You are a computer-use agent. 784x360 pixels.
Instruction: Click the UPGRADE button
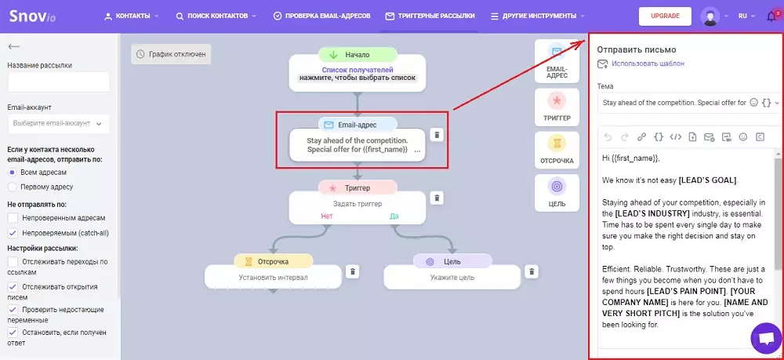(665, 16)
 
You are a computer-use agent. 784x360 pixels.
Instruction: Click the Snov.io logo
(32, 16)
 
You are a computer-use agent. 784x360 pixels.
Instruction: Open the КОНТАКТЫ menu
(132, 16)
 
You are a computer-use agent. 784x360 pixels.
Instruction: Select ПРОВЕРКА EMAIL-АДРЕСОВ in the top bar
(322, 16)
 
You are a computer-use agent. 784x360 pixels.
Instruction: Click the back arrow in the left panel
(13, 46)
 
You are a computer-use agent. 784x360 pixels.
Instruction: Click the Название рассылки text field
(59, 82)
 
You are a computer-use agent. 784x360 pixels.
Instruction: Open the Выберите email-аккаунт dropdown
(59, 123)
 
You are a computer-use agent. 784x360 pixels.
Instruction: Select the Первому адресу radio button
(13, 187)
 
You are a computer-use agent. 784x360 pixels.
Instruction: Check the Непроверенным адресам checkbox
(13, 218)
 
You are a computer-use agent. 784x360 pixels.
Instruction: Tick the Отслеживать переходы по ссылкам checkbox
(13, 262)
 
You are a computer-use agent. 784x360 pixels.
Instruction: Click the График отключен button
(171, 54)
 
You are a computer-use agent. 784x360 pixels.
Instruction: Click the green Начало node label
(358, 55)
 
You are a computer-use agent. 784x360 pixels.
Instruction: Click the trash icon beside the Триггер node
(437, 198)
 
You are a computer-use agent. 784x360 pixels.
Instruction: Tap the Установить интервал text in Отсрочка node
(273, 278)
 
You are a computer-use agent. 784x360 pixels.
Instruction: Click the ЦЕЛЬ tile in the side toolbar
(557, 192)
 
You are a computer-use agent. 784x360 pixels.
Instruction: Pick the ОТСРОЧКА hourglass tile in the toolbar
(557, 150)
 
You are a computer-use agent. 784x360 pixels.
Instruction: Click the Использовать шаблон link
(648, 64)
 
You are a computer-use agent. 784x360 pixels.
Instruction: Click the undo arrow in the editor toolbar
(608, 137)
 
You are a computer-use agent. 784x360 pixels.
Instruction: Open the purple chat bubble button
(766, 339)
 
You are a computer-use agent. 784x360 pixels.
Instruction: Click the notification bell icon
(771, 16)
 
